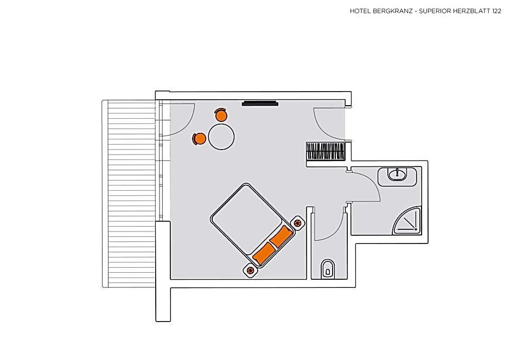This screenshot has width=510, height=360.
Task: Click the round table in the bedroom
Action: click(x=221, y=137)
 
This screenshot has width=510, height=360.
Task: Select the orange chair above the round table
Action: click(x=221, y=115)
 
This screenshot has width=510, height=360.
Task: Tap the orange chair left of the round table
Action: click(x=199, y=139)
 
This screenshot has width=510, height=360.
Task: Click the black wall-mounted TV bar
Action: click(x=260, y=104)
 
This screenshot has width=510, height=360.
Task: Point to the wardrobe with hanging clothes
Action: click(x=326, y=151)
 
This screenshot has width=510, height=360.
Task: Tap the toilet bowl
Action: click(x=328, y=269)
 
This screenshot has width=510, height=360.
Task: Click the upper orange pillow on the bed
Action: click(x=280, y=236)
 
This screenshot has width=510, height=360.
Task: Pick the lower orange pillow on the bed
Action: click(x=264, y=253)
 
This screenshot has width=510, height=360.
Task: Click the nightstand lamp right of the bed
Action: click(x=297, y=223)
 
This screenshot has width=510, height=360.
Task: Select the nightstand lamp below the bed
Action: click(x=250, y=270)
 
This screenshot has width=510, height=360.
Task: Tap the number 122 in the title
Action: click(x=496, y=11)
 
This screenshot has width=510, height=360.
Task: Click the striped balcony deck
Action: click(x=129, y=194)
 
